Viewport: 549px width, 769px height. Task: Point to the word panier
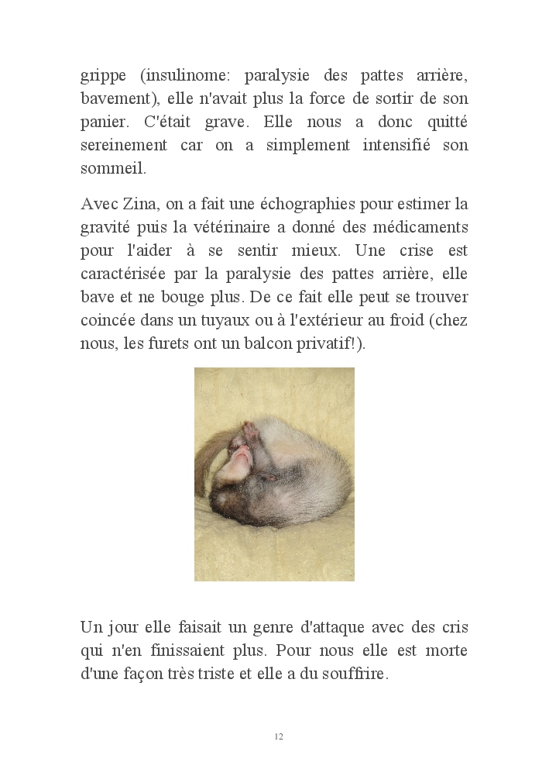click(101, 123)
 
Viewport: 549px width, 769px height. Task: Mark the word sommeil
click(106, 168)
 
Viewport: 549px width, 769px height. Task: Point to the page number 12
click(279, 736)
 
